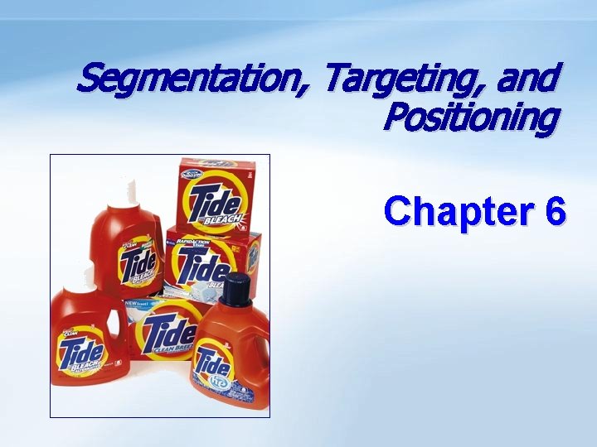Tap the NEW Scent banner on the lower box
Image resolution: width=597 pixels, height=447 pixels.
[141, 305]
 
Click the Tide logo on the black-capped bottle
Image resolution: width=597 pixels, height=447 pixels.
[213, 365]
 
